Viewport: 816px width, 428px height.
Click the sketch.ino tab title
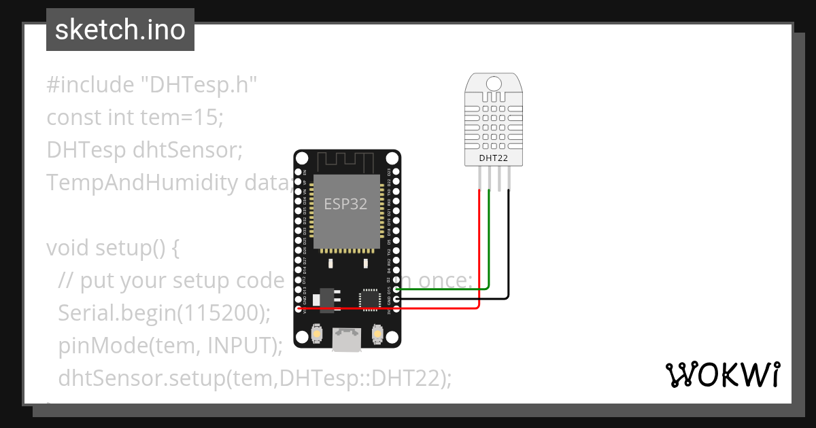coord(120,30)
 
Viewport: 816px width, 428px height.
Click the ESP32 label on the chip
coord(345,204)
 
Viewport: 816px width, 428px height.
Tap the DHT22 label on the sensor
coord(494,159)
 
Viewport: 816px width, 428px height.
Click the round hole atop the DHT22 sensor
coord(494,83)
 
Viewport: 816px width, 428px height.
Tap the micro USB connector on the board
coord(347,339)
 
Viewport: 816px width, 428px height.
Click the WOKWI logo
coord(721,375)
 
